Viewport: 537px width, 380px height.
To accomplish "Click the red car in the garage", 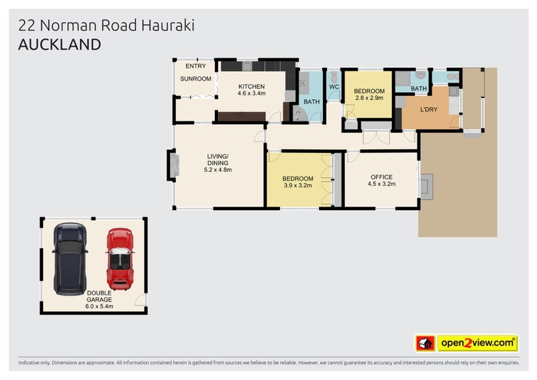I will pos(119,258).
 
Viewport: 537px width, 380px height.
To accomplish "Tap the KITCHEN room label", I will pos(252,86).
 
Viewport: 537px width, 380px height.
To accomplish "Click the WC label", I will pos(334,86).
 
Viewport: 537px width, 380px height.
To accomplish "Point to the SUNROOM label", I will pos(195,79).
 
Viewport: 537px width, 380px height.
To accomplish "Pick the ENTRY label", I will pos(196,66).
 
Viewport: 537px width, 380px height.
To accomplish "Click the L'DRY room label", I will pos(430,109).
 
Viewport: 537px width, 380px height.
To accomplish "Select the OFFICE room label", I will pos(381,177).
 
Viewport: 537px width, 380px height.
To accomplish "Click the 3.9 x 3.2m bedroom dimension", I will pos(298,186).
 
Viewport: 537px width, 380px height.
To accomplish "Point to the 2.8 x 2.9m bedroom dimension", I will pos(369,98).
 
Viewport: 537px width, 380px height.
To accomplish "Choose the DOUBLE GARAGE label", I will pos(99,296).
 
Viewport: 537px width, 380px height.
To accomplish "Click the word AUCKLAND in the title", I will pos(60,45).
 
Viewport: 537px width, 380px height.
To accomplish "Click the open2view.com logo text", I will pos(477,344).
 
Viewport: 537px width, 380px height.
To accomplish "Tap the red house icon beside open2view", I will pos(424,344).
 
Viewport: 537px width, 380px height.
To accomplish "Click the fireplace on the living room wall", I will pos(173,164).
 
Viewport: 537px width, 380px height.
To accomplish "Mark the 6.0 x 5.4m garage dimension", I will pos(99,306).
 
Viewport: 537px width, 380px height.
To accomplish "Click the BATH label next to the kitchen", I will pos(311,102).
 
